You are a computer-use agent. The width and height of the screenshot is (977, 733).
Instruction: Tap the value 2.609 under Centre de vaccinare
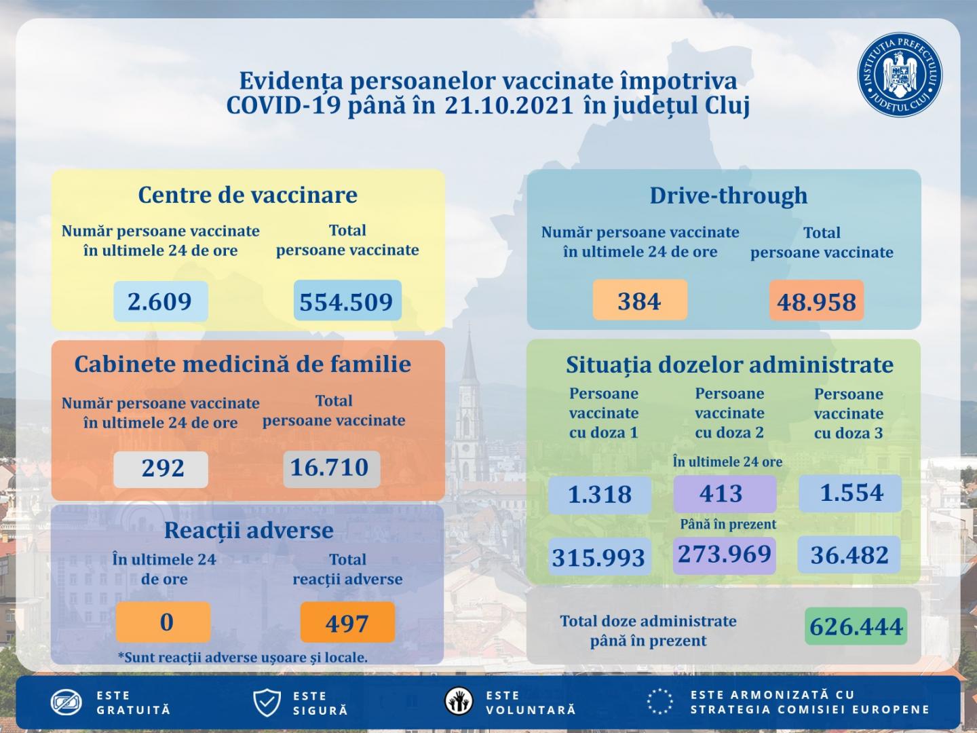160,301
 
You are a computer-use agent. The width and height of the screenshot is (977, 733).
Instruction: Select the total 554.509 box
347,301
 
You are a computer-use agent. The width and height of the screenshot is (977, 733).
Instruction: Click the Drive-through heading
728,195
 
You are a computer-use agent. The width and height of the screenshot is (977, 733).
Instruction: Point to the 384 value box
640,300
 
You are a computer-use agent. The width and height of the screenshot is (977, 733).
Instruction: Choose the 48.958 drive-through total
816,301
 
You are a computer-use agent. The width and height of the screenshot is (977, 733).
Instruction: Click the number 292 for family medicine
161,468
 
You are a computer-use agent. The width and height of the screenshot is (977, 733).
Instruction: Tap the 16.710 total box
330,468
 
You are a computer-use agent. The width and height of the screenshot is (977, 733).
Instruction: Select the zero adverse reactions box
164,622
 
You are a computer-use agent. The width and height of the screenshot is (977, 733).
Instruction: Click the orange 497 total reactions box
347,622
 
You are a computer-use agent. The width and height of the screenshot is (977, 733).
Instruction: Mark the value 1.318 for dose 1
600,494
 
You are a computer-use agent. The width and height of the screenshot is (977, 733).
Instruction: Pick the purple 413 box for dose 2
724,493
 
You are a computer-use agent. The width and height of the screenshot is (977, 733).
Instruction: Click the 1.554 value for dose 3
851,493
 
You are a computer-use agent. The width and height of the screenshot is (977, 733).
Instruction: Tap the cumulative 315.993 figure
598,557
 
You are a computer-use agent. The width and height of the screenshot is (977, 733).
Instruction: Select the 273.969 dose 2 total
725,554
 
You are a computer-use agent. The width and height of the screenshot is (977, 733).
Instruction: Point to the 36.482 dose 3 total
849,555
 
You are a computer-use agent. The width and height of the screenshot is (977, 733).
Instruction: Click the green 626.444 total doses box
856,626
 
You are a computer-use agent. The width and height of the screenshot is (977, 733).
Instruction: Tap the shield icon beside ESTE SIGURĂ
267,702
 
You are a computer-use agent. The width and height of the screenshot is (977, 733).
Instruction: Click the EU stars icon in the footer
659,702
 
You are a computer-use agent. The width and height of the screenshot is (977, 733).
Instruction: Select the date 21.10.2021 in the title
510,106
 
